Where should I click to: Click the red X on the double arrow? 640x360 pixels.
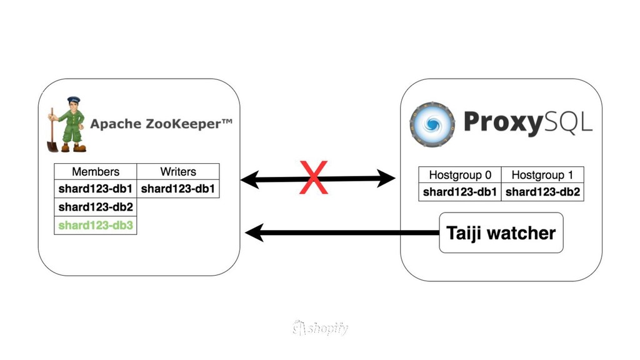[x=314, y=177]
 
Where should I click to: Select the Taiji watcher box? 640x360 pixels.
[x=501, y=233]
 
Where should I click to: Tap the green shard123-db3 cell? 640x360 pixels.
[x=96, y=225]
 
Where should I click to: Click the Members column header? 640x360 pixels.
[x=96, y=171]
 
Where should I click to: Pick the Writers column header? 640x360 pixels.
[x=178, y=171]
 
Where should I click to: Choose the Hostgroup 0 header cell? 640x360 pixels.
[x=460, y=175]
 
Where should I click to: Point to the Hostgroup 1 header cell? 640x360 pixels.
[x=542, y=175]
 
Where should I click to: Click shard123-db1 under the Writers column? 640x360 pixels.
[x=178, y=188]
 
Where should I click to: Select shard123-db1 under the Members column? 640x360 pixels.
[x=96, y=188]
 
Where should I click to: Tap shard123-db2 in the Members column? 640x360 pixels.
[x=96, y=207]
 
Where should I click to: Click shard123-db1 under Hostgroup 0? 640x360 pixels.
[x=460, y=192]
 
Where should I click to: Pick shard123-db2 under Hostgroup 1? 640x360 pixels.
[x=542, y=192]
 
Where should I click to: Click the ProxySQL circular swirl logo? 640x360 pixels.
[x=432, y=123]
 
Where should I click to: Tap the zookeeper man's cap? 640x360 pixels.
[x=74, y=100]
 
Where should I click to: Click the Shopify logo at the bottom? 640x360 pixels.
[x=320, y=328]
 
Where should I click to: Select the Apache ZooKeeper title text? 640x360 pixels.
[x=161, y=124]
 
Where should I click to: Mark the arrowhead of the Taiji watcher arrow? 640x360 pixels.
[x=252, y=234]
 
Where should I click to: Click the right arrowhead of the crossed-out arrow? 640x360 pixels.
[x=389, y=180]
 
